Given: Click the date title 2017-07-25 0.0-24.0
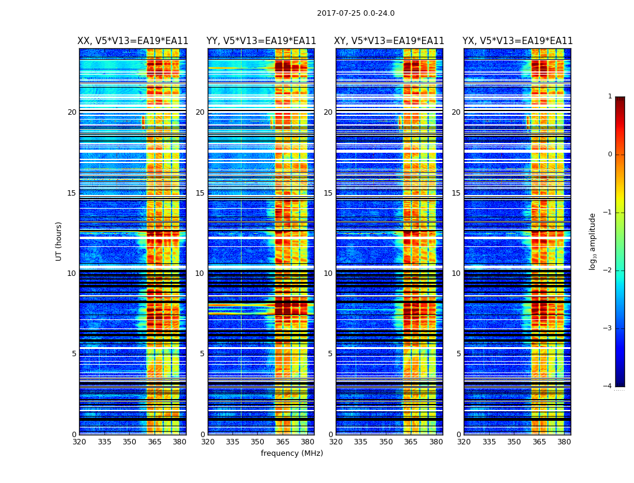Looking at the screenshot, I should coord(356,13).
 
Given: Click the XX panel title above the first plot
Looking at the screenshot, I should coord(133,41).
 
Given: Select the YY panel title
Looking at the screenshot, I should coord(261,41).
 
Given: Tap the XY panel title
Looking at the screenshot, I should coord(389,41).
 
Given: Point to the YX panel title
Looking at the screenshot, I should coord(517,41).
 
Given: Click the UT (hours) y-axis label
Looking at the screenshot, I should coord(59,241).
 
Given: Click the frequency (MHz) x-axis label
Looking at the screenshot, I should coord(292,453).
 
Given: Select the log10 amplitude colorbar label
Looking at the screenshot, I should coord(593,241).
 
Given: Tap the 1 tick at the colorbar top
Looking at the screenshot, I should coord(610,97).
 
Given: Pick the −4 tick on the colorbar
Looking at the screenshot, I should coord(608,386).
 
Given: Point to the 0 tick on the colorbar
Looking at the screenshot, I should coord(610,155).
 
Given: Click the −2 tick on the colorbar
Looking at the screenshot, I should coord(608,270).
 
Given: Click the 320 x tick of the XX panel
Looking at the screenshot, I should coord(79,442).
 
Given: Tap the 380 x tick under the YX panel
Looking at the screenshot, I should coord(564,442).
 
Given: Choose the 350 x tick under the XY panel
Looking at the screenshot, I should coord(386,442).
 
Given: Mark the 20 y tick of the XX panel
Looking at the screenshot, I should coord(72,112).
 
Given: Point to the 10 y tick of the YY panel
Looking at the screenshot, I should coord(200,273).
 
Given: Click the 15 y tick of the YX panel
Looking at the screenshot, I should coord(456,193).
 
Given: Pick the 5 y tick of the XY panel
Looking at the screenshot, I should coord(330,354).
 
